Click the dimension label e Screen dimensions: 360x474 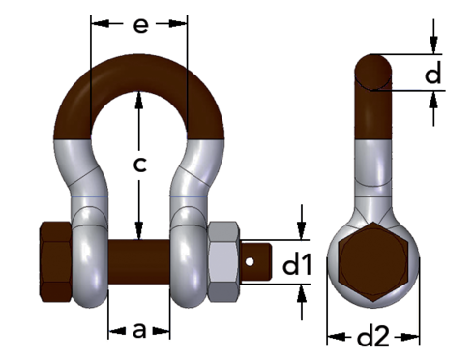[x=141, y=25]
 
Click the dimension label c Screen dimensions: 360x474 [x=140, y=165]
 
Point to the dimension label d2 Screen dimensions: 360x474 [x=372, y=337]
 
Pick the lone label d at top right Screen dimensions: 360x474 [x=434, y=73]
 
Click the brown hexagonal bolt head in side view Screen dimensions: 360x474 [x=373, y=260]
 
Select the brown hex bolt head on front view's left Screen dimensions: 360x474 [x=53, y=264]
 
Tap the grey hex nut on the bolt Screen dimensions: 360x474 [x=223, y=262]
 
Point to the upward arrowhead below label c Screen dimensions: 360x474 [x=140, y=232]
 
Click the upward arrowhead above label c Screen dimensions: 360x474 [x=140, y=97]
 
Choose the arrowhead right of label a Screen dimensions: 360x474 [x=163, y=331]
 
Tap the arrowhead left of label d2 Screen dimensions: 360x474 [x=334, y=337]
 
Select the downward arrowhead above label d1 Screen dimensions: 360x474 [x=302, y=231]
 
